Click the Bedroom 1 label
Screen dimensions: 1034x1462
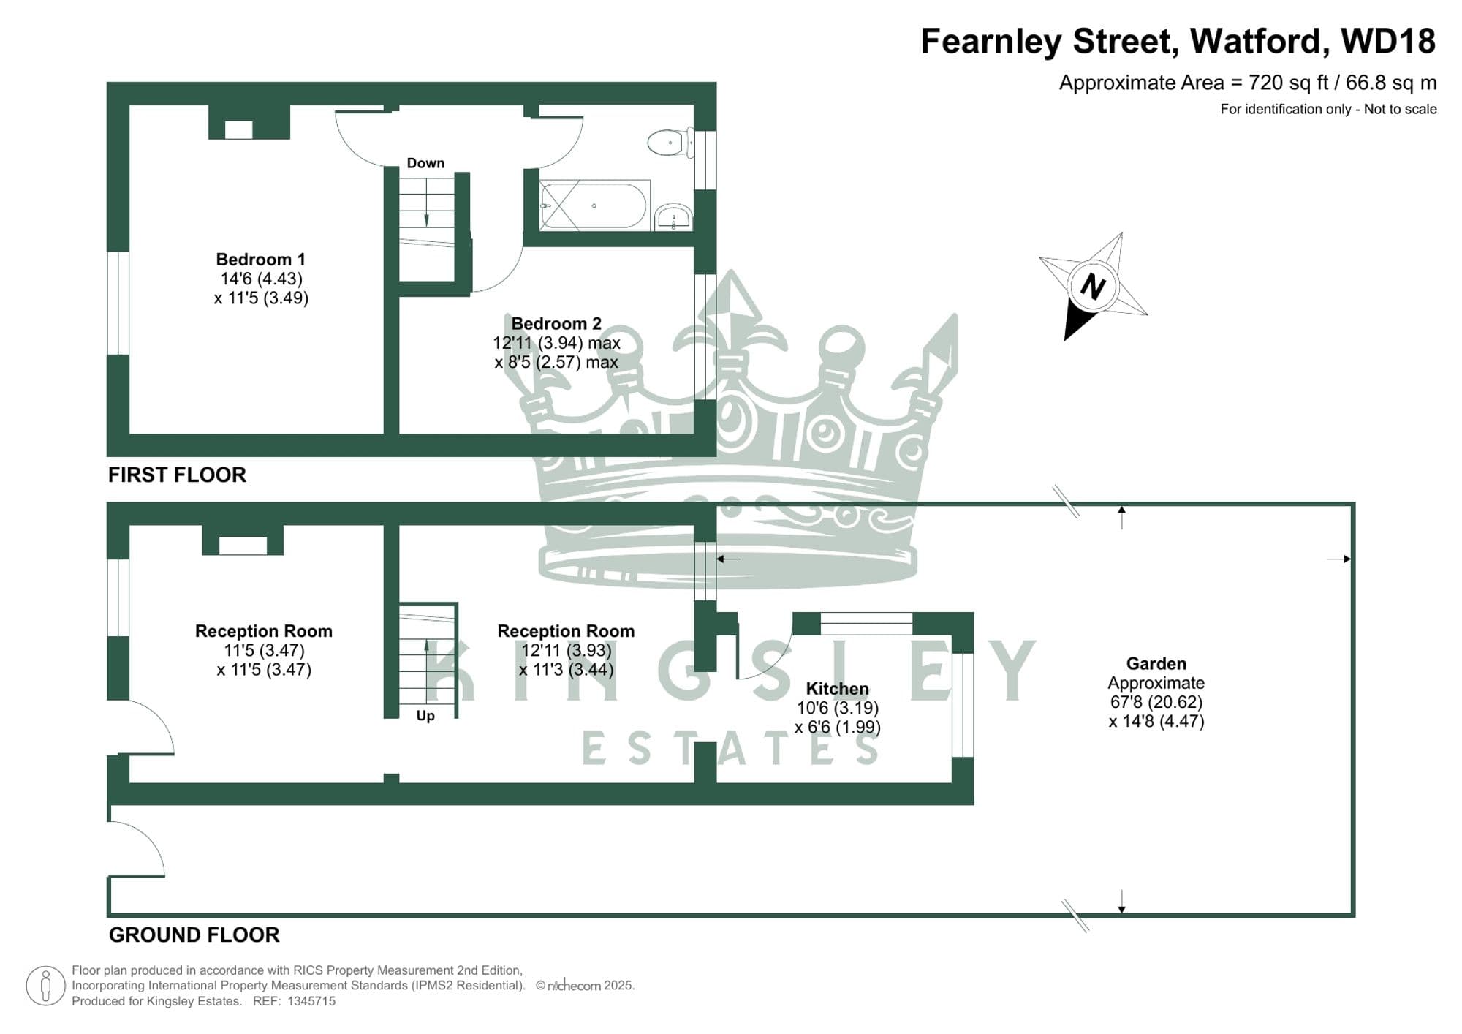pos(260,260)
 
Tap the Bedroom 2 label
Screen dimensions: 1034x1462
pos(556,323)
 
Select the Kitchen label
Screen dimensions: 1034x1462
pos(837,689)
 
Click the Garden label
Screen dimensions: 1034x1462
pos(1156,664)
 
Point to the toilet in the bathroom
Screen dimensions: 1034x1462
pos(669,143)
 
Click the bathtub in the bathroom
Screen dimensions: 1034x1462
pos(594,206)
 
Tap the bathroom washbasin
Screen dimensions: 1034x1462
pos(673,217)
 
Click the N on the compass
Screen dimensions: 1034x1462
pos(1092,287)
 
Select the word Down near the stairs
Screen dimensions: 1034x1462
pos(425,163)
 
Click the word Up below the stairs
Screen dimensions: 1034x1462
pos(425,716)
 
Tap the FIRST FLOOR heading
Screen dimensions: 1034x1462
pos(177,475)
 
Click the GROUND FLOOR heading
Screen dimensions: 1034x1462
pos(194,935)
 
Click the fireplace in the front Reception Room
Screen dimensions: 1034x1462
pos(243,546)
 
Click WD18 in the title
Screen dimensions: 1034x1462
pos(1388,41)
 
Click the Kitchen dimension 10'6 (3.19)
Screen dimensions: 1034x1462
pos(837,708)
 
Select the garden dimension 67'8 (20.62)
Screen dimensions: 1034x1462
pos(1156,702)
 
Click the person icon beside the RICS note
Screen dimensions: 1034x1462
pos(45,986)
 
